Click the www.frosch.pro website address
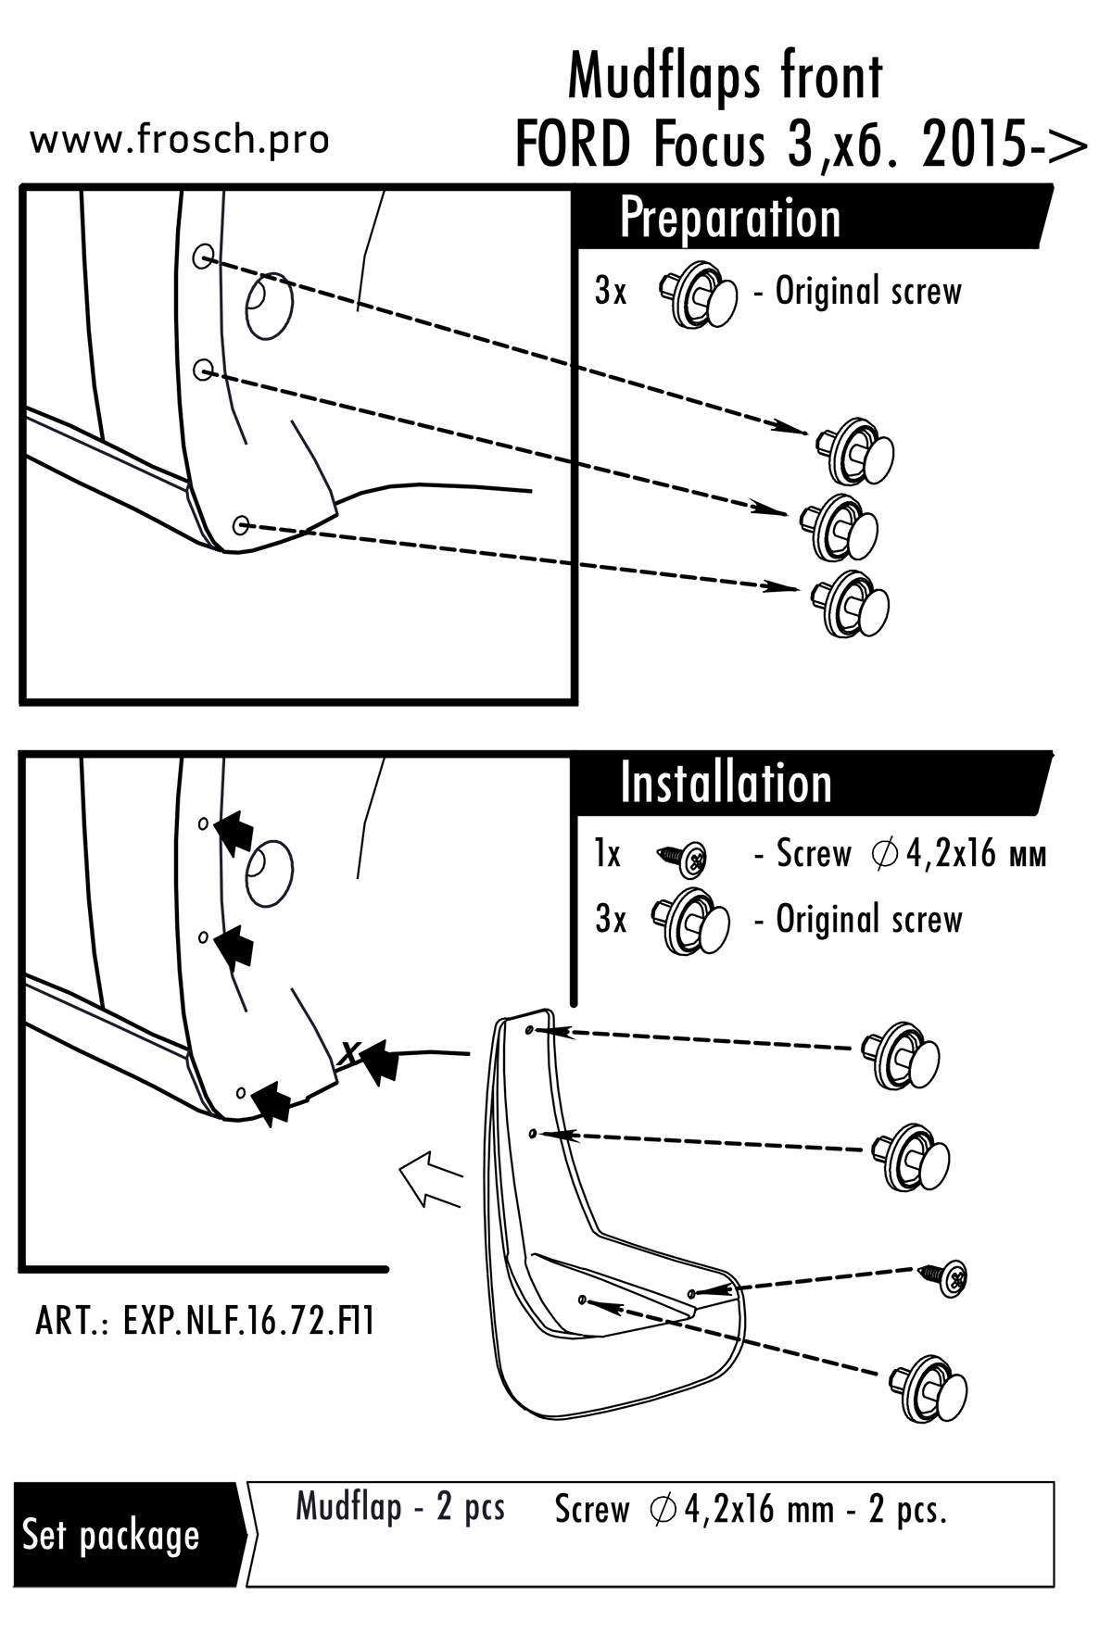click(x=180, y=140)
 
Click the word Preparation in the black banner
click(x=729, y=219)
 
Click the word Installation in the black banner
click(x=726, y=784)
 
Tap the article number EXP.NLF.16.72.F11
click(x=205, y=1321)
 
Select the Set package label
click(x=111, y=1535)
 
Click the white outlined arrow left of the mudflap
click(x=429, y=1183)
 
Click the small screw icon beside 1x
click(x=684, y=859)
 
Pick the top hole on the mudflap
click(x=529, y=1029)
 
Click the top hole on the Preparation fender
click(x=203, y=257)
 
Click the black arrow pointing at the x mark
click(x=380, y=1061)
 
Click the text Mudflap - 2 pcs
click(x=399, y=1507)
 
